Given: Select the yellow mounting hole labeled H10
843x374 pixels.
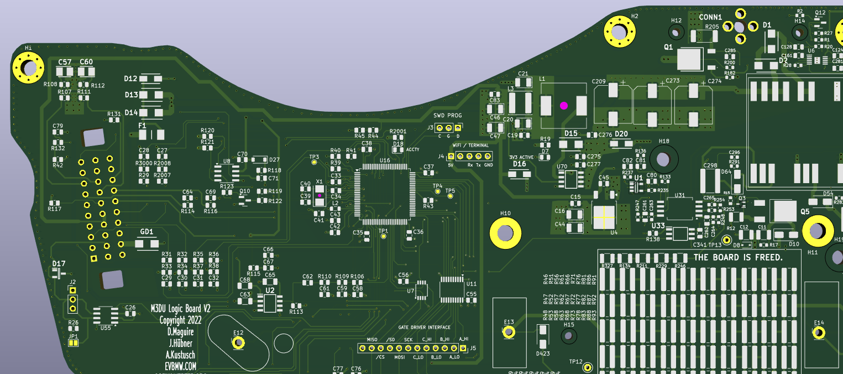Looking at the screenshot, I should pos(505,233).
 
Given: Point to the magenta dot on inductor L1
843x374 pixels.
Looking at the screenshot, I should pos(564,106).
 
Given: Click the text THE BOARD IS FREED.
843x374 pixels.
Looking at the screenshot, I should pos(738,258).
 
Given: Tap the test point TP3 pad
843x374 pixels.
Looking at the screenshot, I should pos(315,163).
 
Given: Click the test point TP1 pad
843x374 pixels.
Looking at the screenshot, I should pos(383,236).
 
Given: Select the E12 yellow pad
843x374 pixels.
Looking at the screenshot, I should pos(239,343).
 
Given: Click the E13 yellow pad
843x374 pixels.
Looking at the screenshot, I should pos(509,333).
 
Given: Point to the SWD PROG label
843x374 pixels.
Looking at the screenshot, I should pos(447,116).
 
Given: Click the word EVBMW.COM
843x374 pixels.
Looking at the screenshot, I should pos(180,366).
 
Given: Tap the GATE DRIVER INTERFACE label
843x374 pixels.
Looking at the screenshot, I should pos(424,328).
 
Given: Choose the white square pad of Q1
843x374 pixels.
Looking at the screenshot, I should pos(689,59).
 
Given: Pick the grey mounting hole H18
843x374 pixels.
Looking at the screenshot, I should pos(663,159).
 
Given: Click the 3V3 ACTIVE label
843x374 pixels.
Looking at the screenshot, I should pos(521,157).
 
